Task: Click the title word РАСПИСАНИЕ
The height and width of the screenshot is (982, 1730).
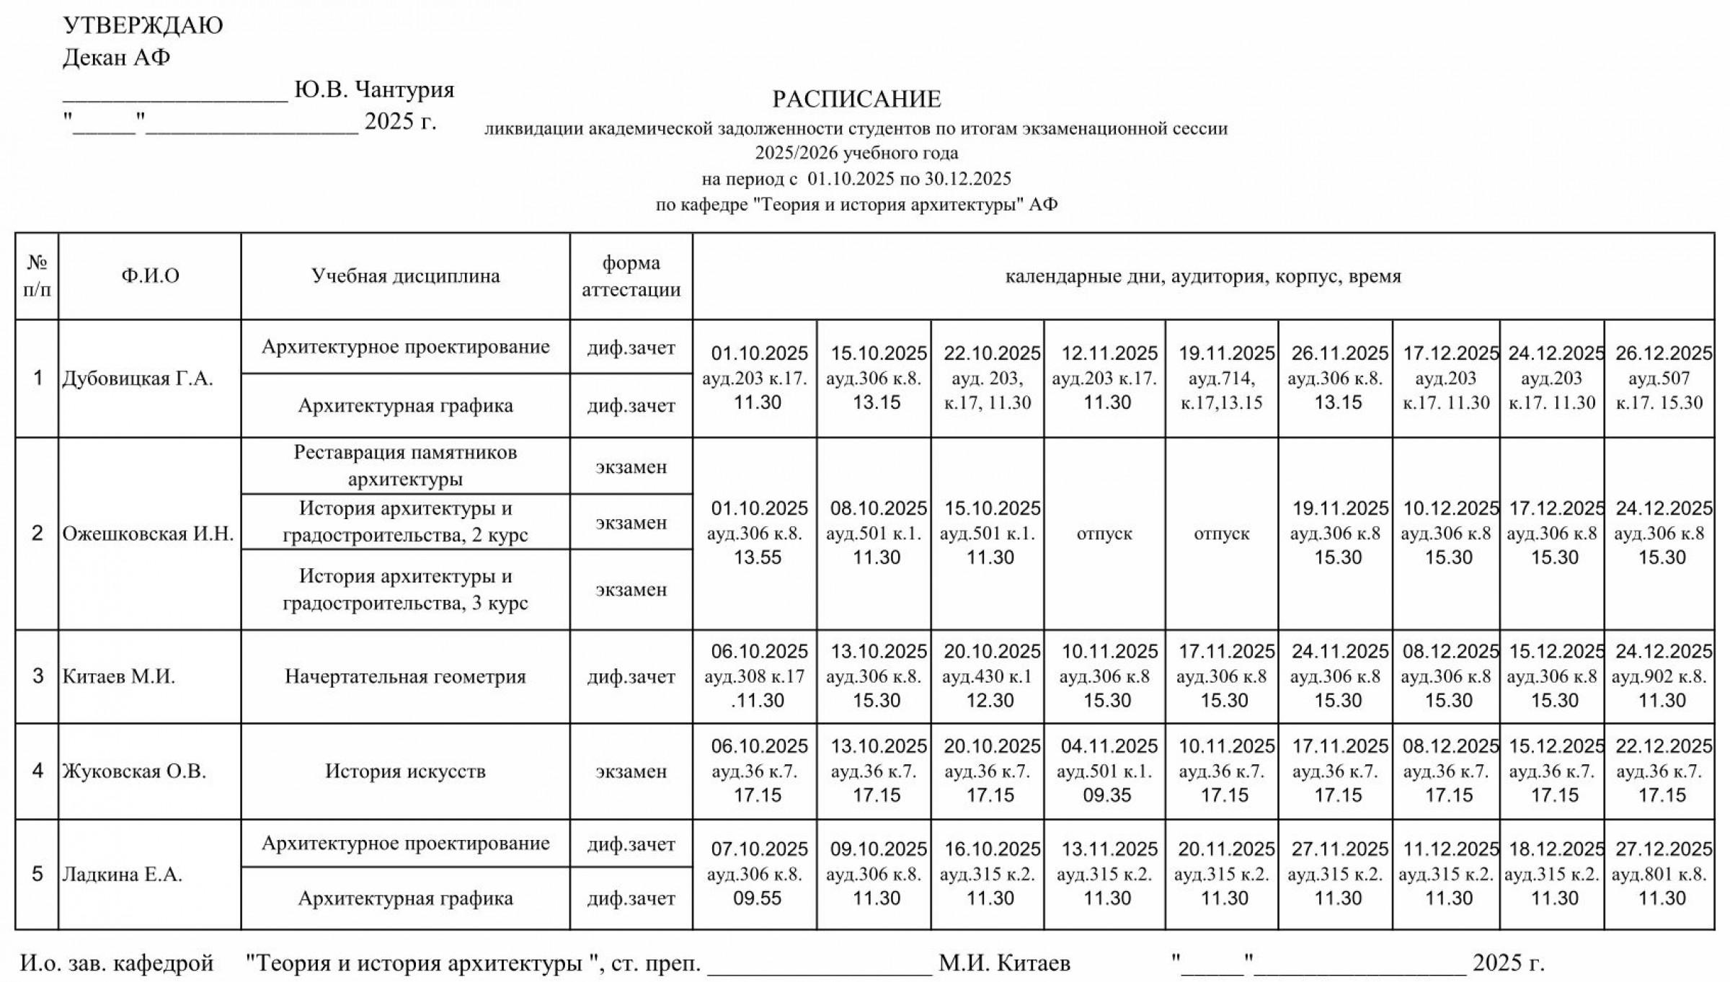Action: point(856,99)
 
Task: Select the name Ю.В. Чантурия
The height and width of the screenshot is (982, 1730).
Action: point(374,89)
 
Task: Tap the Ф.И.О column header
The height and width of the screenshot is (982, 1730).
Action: point(150,276)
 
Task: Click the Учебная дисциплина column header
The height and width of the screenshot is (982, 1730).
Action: point(405,276)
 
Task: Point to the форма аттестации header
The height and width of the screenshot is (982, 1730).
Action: point(631,276)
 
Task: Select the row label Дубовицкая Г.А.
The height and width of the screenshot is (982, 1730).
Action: point(138,379)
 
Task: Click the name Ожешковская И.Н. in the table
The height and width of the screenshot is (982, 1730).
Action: point(148,534)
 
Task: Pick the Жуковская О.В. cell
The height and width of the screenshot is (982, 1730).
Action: point(134,771)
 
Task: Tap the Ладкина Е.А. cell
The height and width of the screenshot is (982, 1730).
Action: point(122,875)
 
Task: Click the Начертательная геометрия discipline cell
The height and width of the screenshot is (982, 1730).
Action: point(405,676)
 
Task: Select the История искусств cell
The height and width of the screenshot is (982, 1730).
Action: point(405,771)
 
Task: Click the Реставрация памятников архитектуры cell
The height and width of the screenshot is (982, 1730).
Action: point(405,466)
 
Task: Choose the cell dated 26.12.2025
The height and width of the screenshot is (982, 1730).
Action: point(1659,379)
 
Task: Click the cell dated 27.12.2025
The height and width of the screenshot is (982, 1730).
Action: point(1659,875)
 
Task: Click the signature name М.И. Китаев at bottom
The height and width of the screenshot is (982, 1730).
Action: point(1004,963)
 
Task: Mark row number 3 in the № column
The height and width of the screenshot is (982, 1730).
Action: point(37,676)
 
